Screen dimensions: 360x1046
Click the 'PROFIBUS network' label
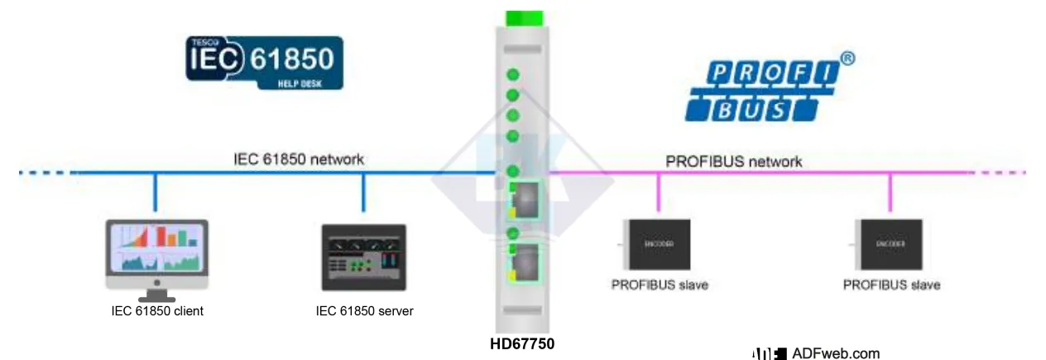(733, 161)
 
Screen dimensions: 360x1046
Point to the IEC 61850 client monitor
(155, 252)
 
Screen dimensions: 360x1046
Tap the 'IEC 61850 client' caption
(157, 311)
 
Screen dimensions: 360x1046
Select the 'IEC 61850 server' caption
(364, 311)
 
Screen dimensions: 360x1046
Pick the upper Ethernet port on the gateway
(523, 199)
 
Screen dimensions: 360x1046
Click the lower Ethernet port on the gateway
(523, 262)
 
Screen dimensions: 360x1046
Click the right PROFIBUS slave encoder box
(890, 244)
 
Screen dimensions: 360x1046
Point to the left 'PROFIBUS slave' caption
(660, 285)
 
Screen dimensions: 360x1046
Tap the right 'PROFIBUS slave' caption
(891, 285)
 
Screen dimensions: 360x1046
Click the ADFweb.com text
(835, 353)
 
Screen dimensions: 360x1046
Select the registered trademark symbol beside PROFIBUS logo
(847, 59)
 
